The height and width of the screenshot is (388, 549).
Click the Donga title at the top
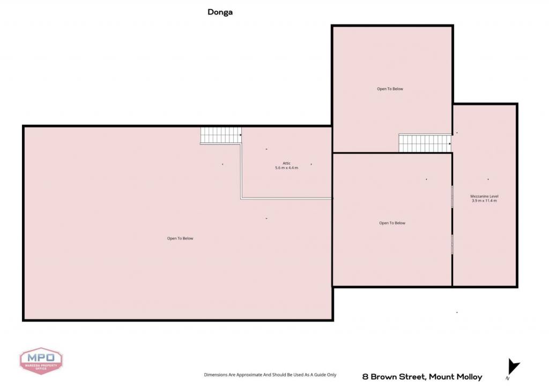[220, 12]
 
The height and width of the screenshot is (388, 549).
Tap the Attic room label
[286, 163]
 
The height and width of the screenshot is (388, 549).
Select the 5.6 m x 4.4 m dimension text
[286, 168]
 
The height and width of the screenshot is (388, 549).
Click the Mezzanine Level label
[484, 196]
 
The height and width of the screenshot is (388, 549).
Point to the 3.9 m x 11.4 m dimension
[484, 201]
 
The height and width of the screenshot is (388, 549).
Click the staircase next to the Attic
[221, 135]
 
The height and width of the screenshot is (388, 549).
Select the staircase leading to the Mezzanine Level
[425, 144]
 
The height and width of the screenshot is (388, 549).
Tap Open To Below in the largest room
[180, 238]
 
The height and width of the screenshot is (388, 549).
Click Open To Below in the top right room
[390, 89]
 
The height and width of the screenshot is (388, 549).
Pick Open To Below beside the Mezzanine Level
[392, 223]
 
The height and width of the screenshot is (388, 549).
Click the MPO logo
[41, 361]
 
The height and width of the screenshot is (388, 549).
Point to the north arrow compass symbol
[513, 367]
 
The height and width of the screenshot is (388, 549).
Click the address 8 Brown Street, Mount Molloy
[422, 377]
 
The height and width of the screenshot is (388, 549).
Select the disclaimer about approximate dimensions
[270, 375]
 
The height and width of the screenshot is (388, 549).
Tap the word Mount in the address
[442, 377]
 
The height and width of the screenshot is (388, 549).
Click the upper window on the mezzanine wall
[452, 196]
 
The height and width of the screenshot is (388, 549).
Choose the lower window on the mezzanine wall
[452, 244]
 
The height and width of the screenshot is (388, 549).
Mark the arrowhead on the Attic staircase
[241, 135]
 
